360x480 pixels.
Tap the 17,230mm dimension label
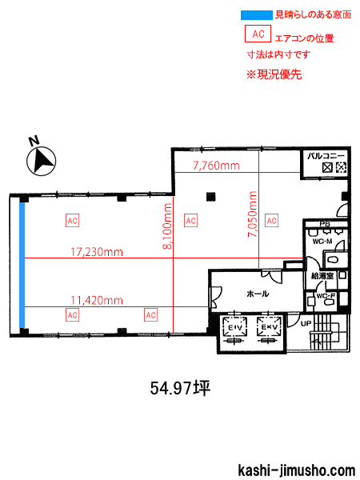97,252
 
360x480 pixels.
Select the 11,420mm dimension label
97,300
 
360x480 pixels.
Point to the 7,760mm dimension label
216,166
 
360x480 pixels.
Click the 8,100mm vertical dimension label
167,226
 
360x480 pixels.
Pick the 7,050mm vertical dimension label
253,214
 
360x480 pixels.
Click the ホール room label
258,294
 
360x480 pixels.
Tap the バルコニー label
326,156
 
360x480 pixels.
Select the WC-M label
322,242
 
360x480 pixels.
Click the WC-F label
326,296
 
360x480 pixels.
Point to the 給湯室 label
322,276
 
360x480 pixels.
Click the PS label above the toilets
325,224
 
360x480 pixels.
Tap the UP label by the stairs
306,323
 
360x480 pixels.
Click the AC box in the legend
258,34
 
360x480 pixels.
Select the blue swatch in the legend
257,15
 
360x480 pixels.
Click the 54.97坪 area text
180,389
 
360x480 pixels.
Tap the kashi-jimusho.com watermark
296,470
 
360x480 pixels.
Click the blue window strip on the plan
22,265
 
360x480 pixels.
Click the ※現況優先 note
274,74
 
